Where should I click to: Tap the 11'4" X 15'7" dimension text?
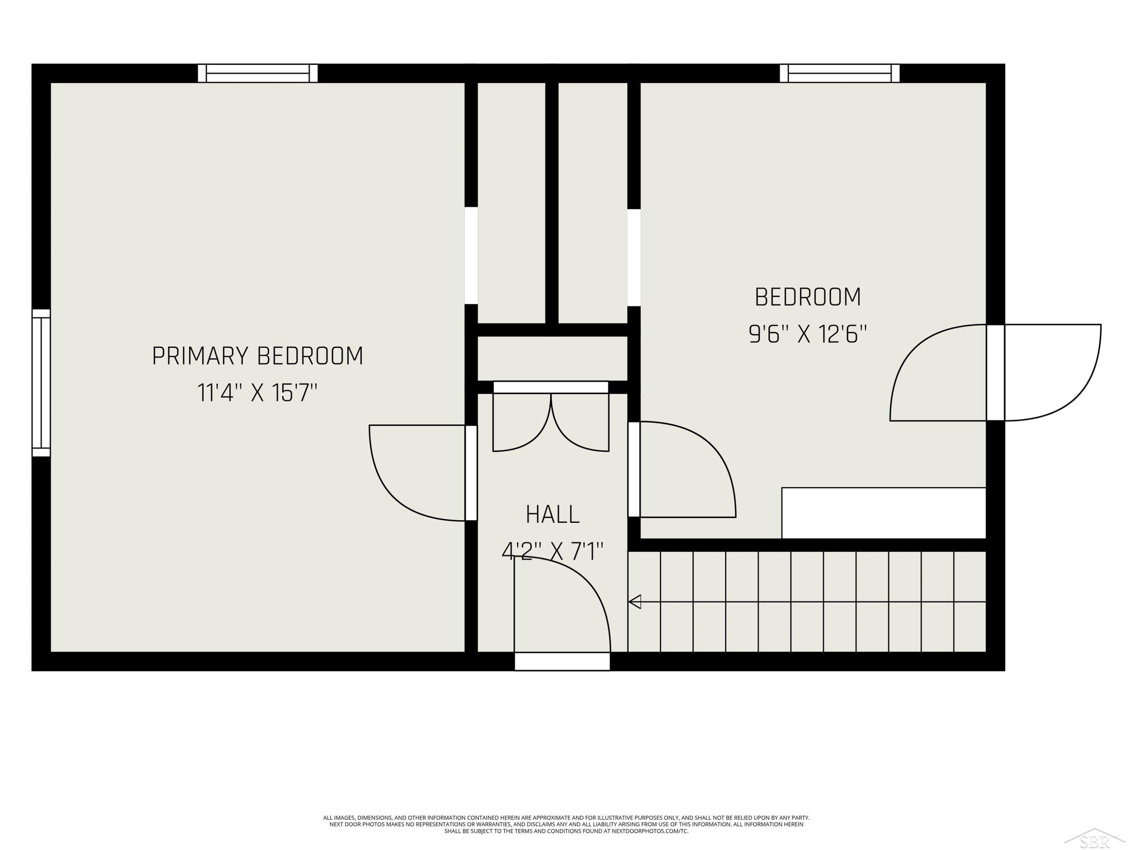tap(258, 393)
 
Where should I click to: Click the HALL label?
tap(553, 515)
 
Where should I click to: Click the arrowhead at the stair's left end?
tap(634, 601)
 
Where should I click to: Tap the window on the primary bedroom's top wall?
tap(258, 73)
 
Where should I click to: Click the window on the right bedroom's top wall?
tap(840, 73)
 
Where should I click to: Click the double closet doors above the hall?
tap(551, 416)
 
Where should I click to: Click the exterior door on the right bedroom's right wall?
tap(995, 373)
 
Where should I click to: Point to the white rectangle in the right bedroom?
tap(884, 513)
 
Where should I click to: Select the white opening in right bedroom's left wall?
tap(634, 258)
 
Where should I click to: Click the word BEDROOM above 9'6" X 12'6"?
tap(808, 297)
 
